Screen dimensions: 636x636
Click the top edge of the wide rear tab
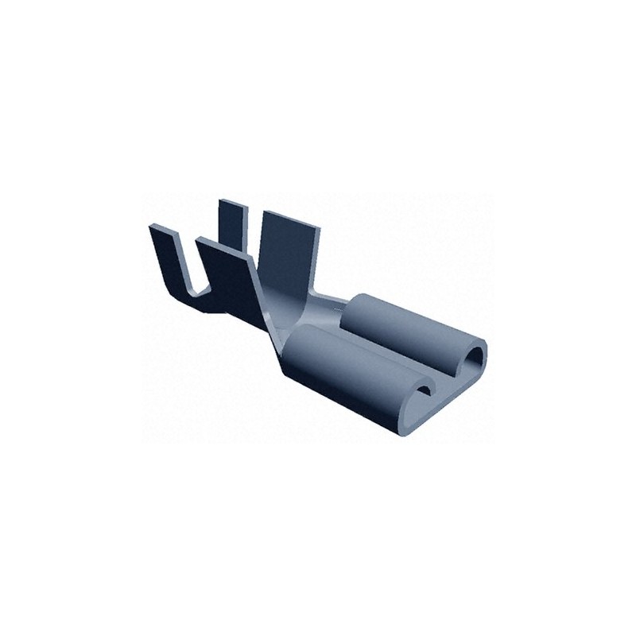[291, 216]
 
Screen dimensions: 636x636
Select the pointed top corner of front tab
[202, 241]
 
